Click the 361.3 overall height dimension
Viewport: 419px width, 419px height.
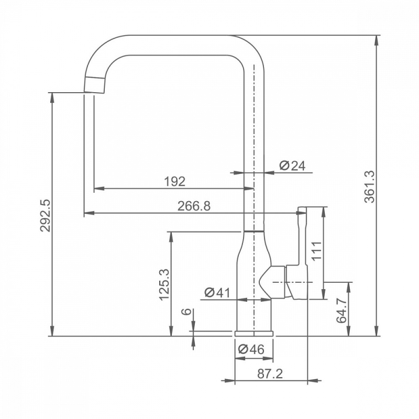click(370, 186)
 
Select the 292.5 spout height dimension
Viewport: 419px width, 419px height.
click(46, 215)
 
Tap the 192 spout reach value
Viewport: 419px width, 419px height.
click(174, 181)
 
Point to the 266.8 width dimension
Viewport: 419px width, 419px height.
click(194, 206)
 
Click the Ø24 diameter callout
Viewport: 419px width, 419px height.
click(292, 166)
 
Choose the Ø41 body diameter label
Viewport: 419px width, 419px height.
click(217, 293)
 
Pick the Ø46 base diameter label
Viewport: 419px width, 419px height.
click(251, 349)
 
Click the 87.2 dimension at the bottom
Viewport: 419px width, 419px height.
click(270, 374)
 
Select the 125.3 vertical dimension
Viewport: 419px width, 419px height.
click(164, 284)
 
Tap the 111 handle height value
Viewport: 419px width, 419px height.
click(317, 251)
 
